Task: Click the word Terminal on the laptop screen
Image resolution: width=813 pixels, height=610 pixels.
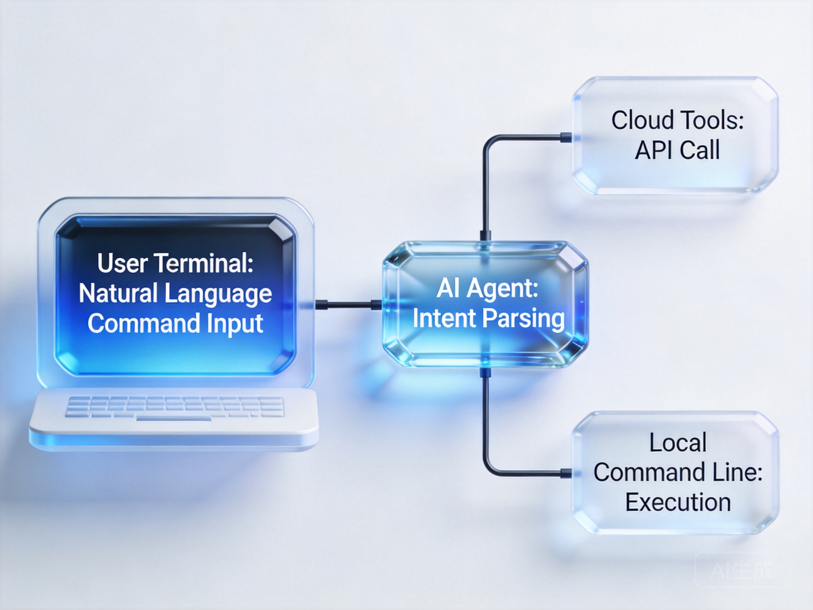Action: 204,263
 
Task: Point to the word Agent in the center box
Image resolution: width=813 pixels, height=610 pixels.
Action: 502,290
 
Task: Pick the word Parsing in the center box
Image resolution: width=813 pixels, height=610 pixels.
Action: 523,319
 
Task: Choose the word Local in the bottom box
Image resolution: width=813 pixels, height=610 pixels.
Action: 678,442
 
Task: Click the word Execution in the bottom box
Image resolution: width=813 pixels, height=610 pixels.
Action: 678,502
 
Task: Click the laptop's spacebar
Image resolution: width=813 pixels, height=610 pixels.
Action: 174,418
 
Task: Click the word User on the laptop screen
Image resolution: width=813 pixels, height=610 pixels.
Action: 123,263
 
